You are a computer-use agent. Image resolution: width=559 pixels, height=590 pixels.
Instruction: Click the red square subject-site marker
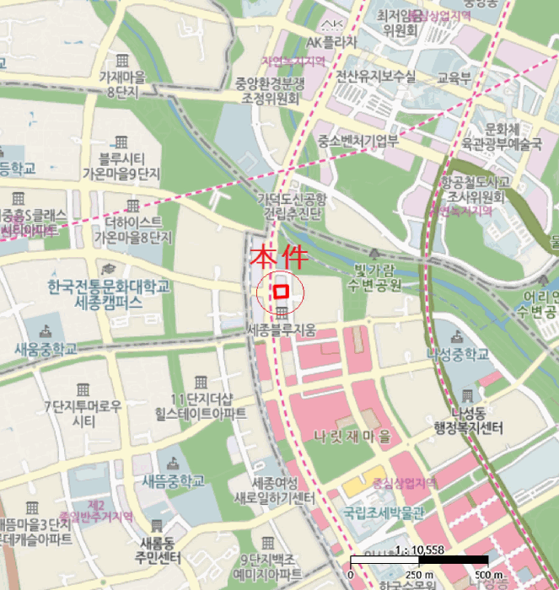(x=282, y=291)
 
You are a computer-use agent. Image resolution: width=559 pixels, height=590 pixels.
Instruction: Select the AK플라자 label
(x=331, y=41)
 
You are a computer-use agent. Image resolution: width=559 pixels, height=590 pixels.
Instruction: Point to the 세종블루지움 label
(x=282, y=330)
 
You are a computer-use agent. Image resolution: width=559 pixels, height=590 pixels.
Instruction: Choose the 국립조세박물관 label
(x=383, y=512)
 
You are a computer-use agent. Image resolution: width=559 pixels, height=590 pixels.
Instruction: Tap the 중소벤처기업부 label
(x=357, y=142)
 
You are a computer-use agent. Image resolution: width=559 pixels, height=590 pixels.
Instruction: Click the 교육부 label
(x=452, y=76)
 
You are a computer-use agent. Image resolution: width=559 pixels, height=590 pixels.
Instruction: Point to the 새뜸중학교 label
(x=173, y=481)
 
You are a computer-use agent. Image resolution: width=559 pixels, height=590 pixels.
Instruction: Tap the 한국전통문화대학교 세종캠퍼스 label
(x=110, y=293)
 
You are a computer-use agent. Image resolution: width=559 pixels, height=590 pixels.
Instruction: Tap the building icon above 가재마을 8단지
(x=122, y=61)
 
